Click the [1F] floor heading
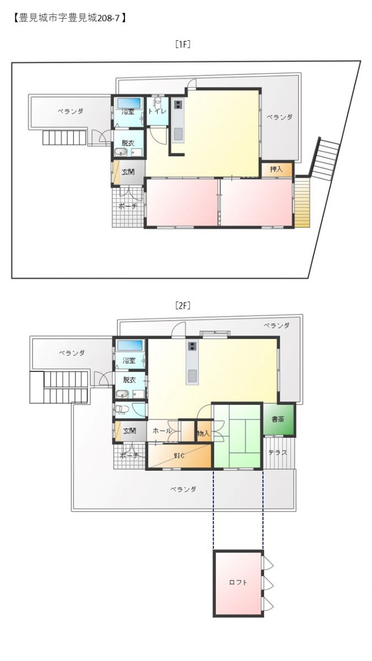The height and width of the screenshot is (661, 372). (x=183, y=44)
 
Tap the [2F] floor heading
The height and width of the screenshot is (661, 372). (x=183, y=306)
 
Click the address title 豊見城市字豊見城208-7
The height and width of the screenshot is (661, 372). (x=69, y=18)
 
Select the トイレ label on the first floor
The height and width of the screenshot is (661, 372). (x=157, y=111)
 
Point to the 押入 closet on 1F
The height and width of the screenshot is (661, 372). (x=276, y=169)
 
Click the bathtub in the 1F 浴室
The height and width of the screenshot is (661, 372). (x=129, y=104)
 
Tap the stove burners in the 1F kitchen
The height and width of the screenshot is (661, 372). (x=178, y=105)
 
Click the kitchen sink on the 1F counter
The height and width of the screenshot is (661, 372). (x=178, y=134)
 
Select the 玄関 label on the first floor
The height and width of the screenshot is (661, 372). (x=128, y=172)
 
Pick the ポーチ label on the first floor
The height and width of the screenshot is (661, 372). (x=127, y=206)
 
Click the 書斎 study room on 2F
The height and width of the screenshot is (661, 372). (x=279, y=419)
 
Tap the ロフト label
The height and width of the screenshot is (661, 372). (x=238, y=582)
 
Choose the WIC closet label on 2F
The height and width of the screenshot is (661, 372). (x=179, y=456)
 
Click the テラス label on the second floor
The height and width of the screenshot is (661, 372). (x=278, y=452)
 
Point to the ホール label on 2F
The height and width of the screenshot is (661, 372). (x=162, y=431)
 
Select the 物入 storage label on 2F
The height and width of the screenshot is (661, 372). (x=203, y=434)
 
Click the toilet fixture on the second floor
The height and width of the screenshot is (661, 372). (x=122, y=409)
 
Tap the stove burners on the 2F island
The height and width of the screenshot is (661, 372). (x=192, y=346)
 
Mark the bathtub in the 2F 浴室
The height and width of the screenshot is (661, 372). (x=130, y=345)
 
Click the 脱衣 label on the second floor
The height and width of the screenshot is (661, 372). (x=129, y=380)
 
